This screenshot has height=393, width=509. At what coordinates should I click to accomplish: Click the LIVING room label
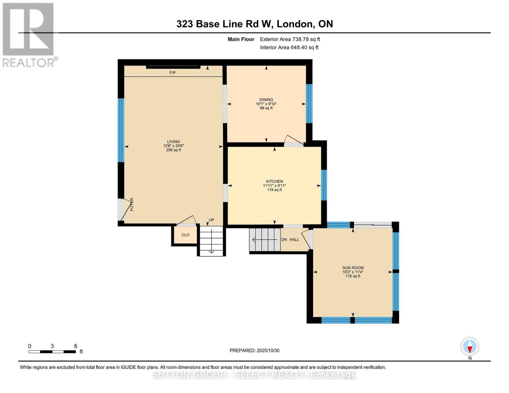point(173,142)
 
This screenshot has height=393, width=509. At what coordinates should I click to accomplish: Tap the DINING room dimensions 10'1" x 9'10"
point(266,104)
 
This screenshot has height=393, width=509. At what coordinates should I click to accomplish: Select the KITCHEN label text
point(274,181)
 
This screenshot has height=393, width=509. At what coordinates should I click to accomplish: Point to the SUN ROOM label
point(353,268)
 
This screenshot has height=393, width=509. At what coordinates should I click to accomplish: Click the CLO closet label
point(186,235)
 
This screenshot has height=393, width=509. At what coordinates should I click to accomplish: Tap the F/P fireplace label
point(172,73)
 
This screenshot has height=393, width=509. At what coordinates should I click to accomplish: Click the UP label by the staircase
point(211,220)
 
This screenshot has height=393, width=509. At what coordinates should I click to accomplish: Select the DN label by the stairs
point(284,239)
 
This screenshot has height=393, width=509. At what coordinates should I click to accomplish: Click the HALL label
point(294,239)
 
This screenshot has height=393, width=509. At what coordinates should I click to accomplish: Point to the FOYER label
point(132,204)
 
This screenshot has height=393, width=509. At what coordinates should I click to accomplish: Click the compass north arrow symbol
point(470,347)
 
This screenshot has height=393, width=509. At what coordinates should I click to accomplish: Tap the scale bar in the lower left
point(52,351)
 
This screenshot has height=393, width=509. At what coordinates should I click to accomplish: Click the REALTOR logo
point(29,34)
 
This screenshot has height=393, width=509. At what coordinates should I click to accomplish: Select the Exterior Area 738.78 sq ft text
point(290,39)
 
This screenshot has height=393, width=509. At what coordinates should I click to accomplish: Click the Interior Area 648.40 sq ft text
point(289,47)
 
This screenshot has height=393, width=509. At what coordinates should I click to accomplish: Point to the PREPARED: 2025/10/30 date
point(254,350)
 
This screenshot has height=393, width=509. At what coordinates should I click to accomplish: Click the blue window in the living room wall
point(121,130)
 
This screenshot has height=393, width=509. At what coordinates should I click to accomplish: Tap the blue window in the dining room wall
point(309,103)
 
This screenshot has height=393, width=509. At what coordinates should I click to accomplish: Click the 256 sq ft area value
point(173,150)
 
